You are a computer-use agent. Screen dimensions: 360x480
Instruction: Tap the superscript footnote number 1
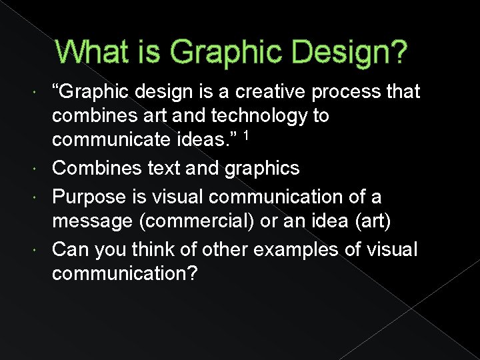(x=246, y=136)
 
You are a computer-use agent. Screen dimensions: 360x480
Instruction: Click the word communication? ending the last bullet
(x=124, y=274)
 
